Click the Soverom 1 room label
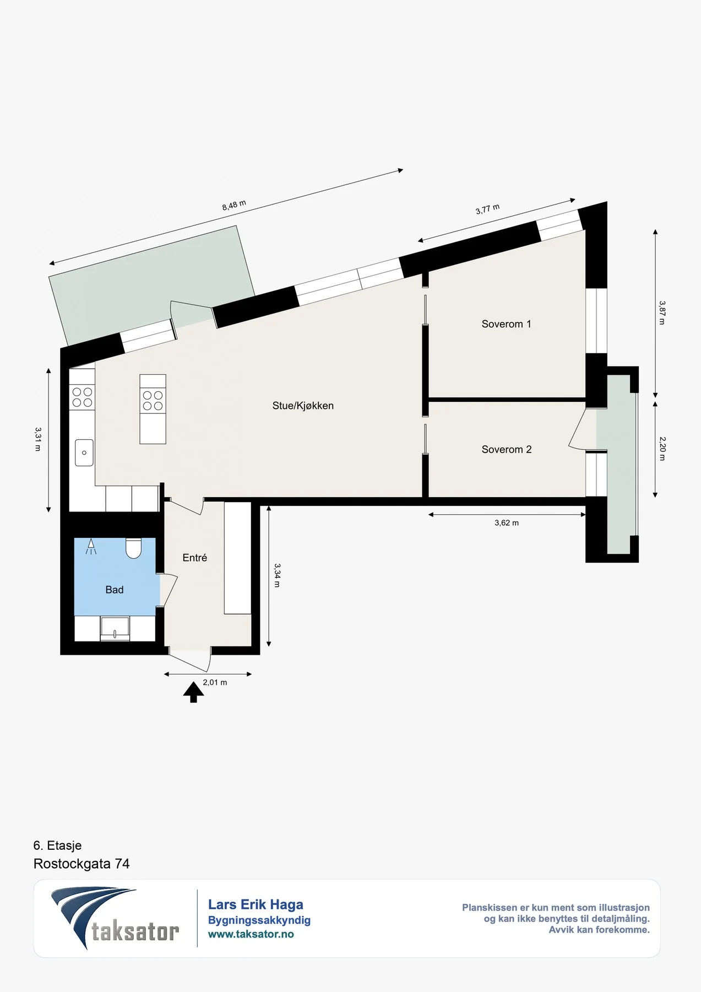click(x=506, y=324)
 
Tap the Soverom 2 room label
click(x=507, y=450)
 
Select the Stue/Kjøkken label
click(x=303, y=406)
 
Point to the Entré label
click(x=195, y=558)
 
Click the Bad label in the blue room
click(x=115, y=590)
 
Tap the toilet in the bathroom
click(x=134, y=548)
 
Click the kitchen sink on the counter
click(x=84, y=452)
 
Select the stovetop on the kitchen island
click(x=153, y=401)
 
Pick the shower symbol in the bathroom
click(x=91, y=547)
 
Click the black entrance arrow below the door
click(x=193, y=692)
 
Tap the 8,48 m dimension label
click(x=234, y=205)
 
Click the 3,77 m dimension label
click(x=487, y=209)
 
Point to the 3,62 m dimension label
click(x=507, y=523)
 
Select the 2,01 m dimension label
click(x=215, y=682)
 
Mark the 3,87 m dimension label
click(x=662, y=312)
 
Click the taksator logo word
click(x=135, y=931)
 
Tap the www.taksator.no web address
click(x=251, y=934)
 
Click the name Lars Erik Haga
click(x=256, y=904)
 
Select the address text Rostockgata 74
click(x=81, y=864)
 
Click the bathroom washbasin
click(x=115, y=629)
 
